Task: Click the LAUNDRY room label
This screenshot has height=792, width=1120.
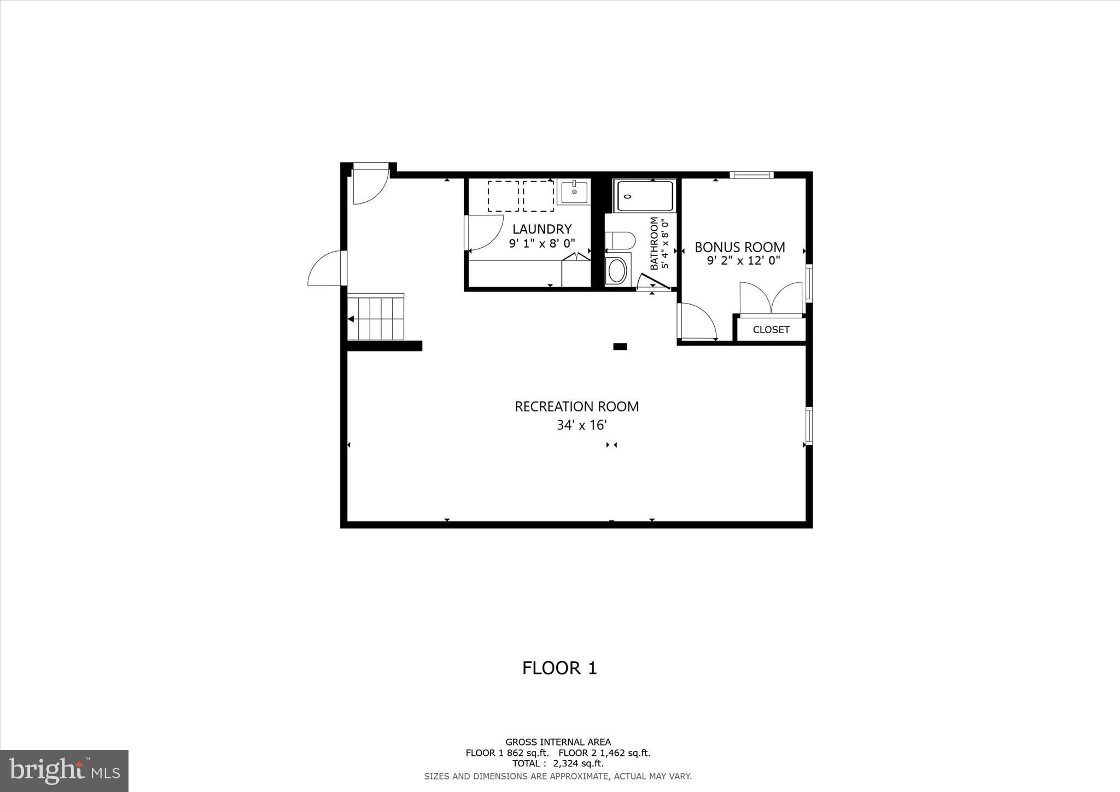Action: (x=541, y=229)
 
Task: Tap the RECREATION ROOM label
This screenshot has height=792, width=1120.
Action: (x=576, y=406)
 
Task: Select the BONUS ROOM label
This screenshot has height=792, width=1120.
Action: (x=739, y=247)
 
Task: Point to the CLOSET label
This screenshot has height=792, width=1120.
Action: (x=771, y=330)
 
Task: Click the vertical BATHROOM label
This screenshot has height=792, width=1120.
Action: (x=654, y=243)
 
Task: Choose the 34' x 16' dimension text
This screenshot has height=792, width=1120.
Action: (x=581, y=425)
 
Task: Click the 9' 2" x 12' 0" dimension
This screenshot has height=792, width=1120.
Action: (x=743, y=261)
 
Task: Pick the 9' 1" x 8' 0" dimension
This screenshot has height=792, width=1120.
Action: (x=541, y=243)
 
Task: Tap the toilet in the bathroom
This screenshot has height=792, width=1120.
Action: (x=621, y=240)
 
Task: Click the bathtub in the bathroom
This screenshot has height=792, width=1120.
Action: (x=644, y=196)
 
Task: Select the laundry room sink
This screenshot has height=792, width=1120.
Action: (x=574, y=193)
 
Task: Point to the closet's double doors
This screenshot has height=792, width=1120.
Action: (x=771, y=299)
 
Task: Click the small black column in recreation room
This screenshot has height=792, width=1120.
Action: (x=620, y=346)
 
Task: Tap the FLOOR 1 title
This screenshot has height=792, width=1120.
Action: (x=559, y=668)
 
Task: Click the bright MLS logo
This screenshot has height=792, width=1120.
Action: (x=65, y=771)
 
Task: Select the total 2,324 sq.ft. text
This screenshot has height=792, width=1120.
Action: (x=558, y=764)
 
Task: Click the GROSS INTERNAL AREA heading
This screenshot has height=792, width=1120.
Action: (x=558, y=742)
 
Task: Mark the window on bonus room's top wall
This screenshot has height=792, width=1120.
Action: (x=751, y=175)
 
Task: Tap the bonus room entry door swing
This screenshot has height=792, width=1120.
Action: (x=696, y=323)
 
